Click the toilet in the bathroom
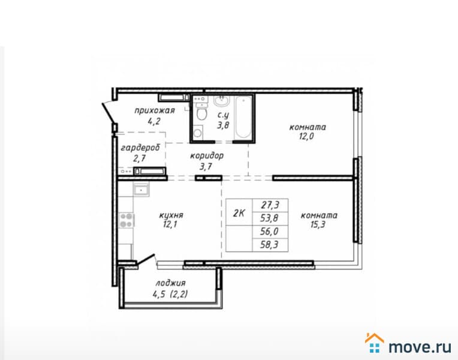tap(201, 112)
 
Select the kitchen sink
tap(141, 191)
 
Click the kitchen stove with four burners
tap(126, 220)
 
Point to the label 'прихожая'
tap(154, 110)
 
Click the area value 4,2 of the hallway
tap(154, 121)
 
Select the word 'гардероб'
tap(138, 148)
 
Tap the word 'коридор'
tap(207, 155)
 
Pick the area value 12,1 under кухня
tap(171, 226)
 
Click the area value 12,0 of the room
tap(307, 137)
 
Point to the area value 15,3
tap(318, 226)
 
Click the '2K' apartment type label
tap(238, 212)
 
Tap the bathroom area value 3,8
tap(223, 125)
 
